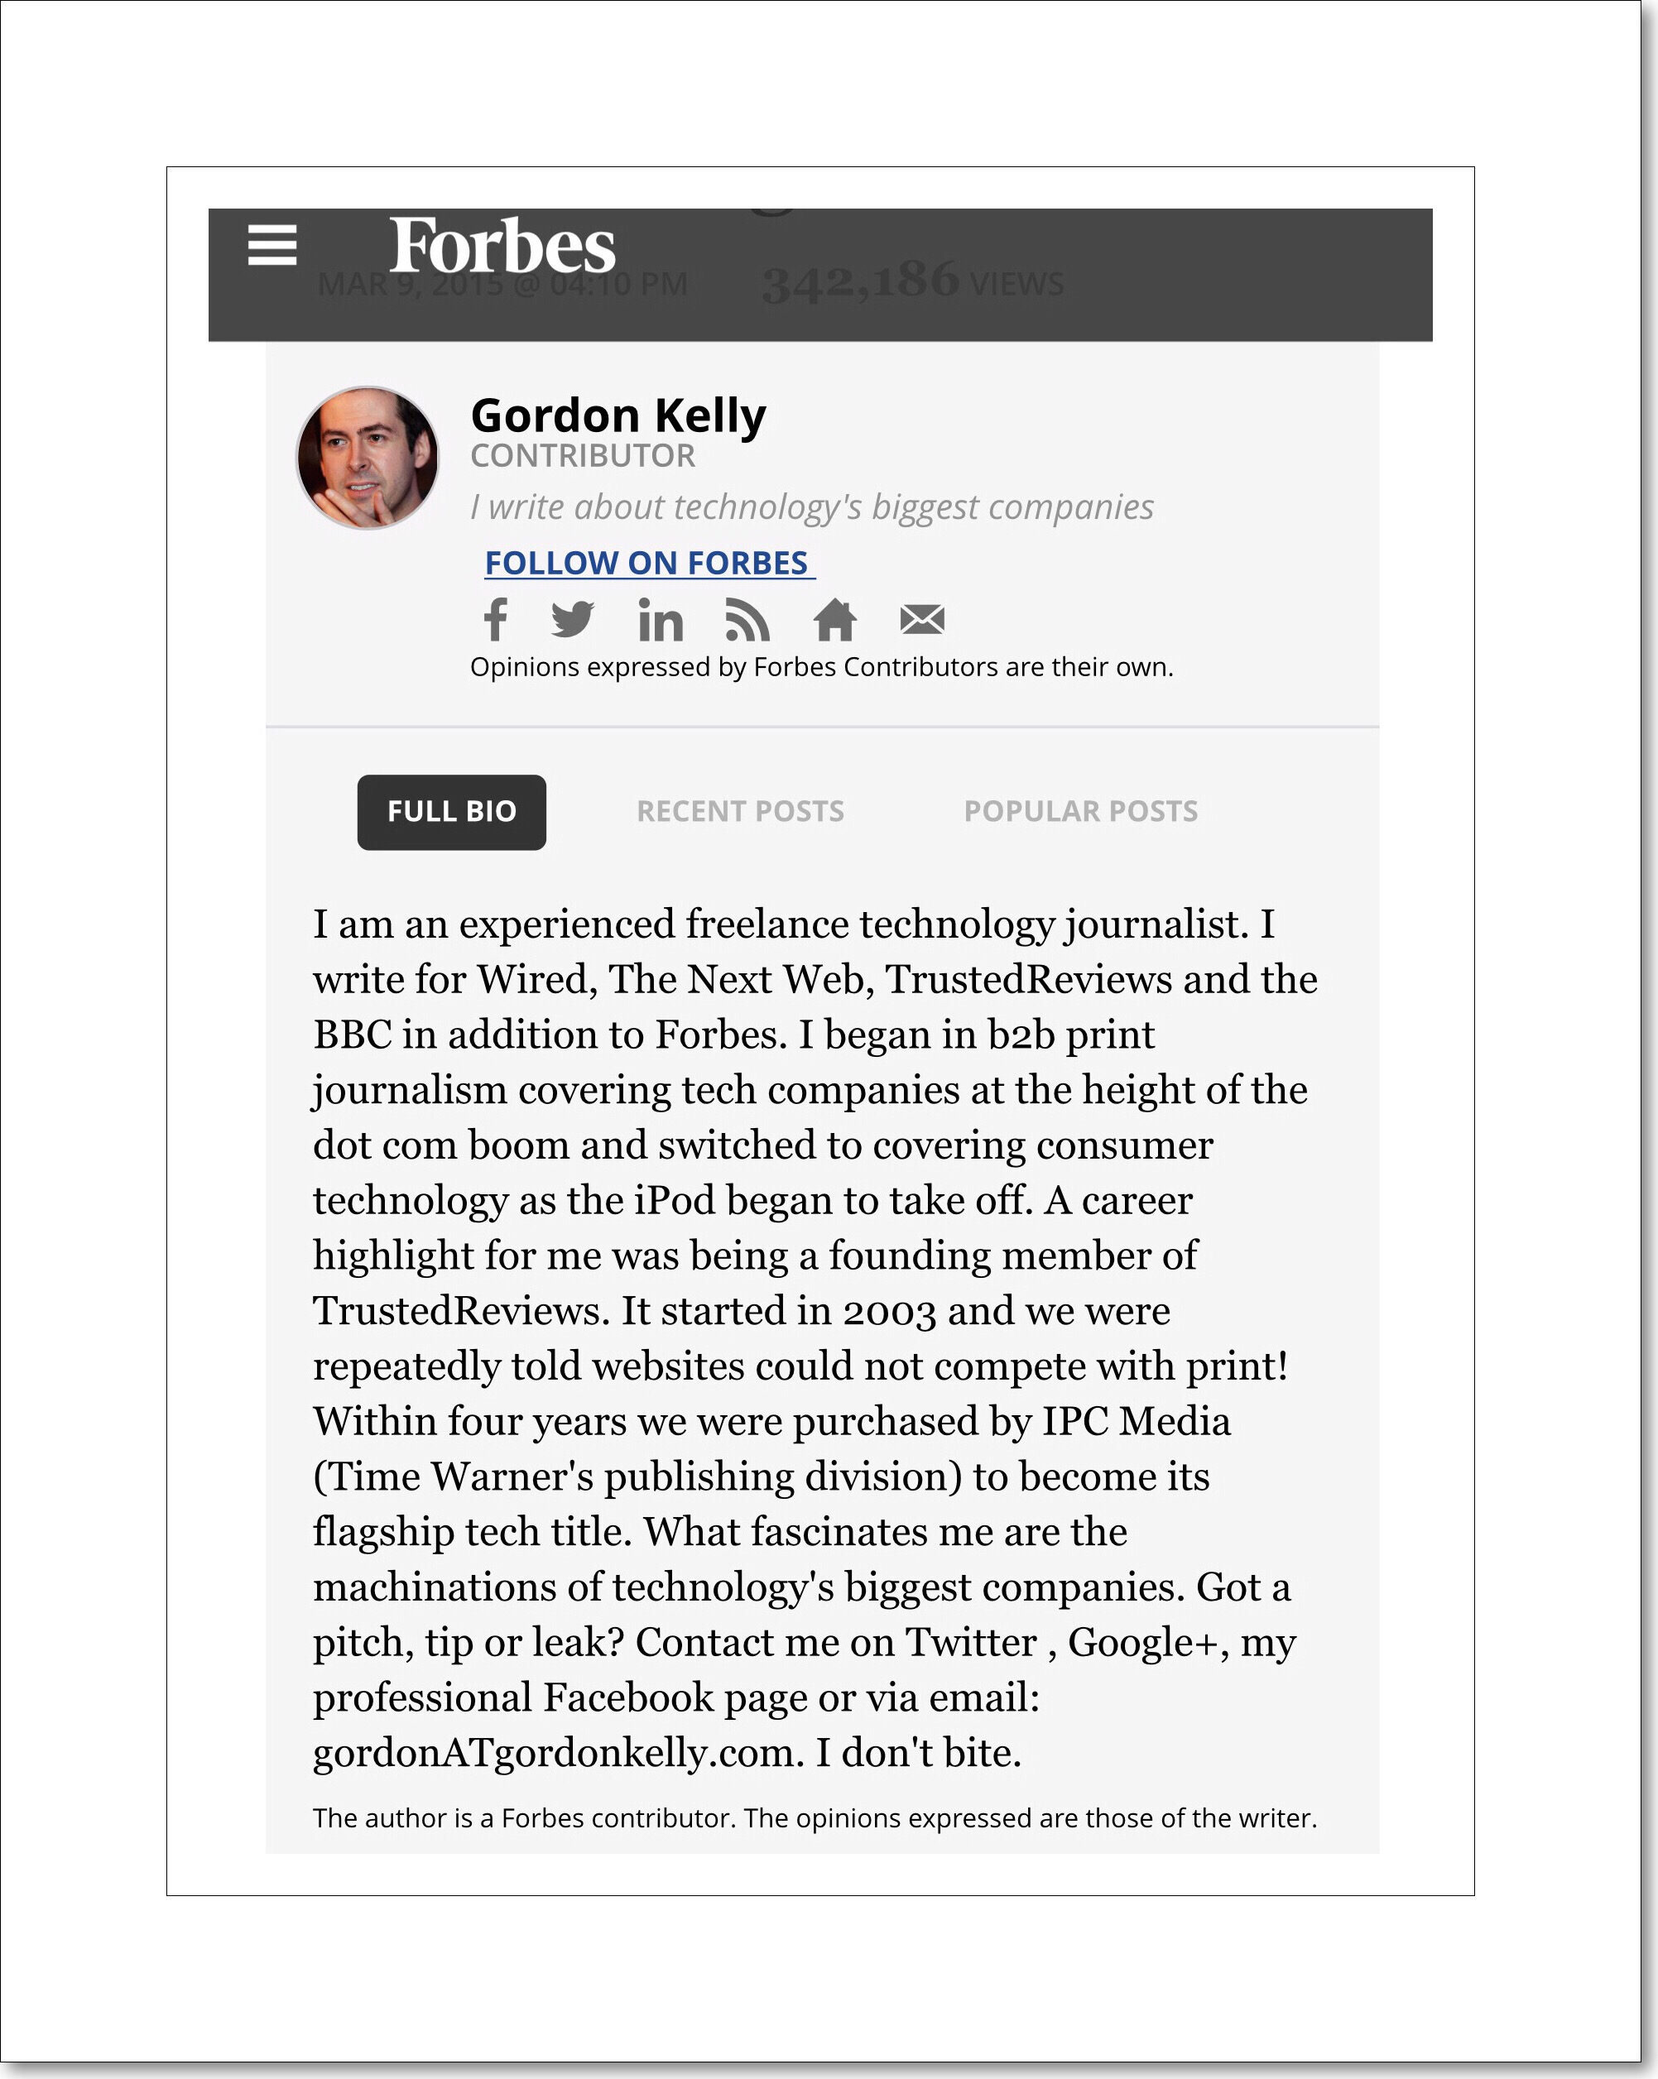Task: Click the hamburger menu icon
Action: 272,245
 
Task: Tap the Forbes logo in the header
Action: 502,246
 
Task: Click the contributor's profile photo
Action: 368,458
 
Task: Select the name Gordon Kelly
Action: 618,416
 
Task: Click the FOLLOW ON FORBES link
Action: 648,563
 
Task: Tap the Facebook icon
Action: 496,620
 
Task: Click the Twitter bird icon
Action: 573,620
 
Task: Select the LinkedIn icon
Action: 661,620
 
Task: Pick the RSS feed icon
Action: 747,620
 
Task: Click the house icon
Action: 834,620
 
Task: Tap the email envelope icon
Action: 922,620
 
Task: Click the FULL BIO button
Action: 451,812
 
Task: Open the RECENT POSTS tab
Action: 740,812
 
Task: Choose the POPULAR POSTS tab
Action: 1080,812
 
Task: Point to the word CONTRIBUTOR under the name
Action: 583,456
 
